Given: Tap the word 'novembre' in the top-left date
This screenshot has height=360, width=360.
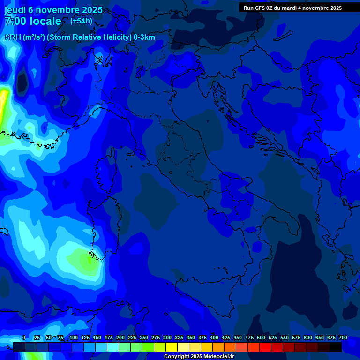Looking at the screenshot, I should pos(60,10).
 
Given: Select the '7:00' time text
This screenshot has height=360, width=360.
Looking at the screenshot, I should pos(15,21).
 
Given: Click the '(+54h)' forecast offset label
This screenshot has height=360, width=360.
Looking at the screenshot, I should pos(81,21).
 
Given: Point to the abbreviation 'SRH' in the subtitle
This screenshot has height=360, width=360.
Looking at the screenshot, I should pos(13,37).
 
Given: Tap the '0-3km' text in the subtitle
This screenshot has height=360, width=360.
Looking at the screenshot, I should pos(144,37).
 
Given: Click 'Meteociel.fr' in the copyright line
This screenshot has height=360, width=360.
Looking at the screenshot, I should pos(218,357).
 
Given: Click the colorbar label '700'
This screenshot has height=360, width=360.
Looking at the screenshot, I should pos(343,338).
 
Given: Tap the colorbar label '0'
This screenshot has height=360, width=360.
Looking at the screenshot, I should pos(24,338).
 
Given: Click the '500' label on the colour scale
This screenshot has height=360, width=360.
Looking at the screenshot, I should pos(249,338).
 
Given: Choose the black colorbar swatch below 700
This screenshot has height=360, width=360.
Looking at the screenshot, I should pos(336,347).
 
